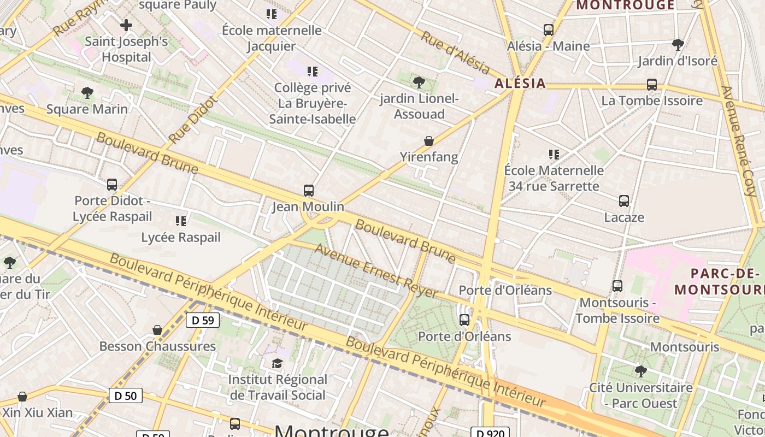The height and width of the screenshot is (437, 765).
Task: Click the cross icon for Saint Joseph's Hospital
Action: pyautogui.click(x=126, y=25)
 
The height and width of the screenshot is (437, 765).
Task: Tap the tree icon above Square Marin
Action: pyautogui.click(x=87, y=93)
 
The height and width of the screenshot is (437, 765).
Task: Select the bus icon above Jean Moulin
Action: pyautogui.click(x=309, y=191)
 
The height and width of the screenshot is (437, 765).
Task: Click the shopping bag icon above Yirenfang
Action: pyautogui.click(x=429, y=141)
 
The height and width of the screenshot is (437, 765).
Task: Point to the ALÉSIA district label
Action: pyautogui.click(x=520, y=83)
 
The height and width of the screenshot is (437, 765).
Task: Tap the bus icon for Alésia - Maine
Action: pyautogui.click(x=549, y=30)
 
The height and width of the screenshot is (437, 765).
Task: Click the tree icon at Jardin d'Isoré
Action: pyautogui.click(x=678, y=44)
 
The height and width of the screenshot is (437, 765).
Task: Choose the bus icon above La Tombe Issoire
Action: pyautogui.click(x=652, y=85)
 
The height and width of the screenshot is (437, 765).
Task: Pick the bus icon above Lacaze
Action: pyautogui.click(x=624, y=201)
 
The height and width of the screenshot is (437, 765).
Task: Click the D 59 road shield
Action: pyautogui.click(x=203, y=320)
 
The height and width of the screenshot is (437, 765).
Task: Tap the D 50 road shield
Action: pyautogui.click(x=126, y=395)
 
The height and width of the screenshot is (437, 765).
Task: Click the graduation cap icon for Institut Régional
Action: pyautogui.click(x=278, y=363)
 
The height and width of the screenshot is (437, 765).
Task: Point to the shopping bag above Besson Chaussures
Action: pyautogui.click(x=157, y=330)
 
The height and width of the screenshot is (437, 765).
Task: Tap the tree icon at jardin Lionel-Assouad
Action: pyautogui.click(x=419, y=82)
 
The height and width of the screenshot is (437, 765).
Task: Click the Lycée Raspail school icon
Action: pyautogui.click(x=181, y=221)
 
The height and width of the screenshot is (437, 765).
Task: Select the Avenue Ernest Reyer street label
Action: pyautogui.click(x=376, y=271)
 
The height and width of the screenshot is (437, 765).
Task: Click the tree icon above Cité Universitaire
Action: pyautogui.click(x=641, y=371)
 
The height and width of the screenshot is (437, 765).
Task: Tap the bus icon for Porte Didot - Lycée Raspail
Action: pyautogui.click(x=112, y=185)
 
